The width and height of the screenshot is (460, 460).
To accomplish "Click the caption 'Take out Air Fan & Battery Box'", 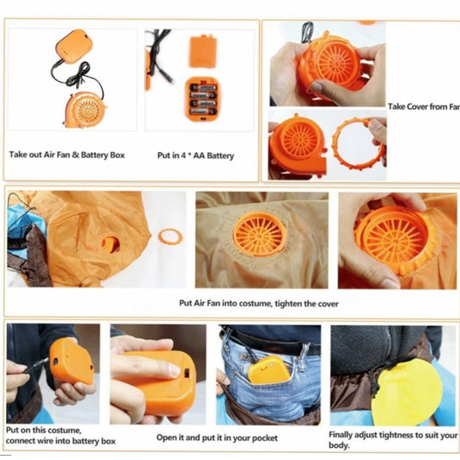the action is [x=67, y=154].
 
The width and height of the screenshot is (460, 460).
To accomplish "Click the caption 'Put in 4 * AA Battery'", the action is [x=196, y=155].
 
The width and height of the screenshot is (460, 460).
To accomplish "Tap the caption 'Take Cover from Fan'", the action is [x=424, y=106].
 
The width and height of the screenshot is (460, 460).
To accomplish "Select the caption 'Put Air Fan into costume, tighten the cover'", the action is [x=259, y=303].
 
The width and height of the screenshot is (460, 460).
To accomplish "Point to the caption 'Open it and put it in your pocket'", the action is [x=217, y=438].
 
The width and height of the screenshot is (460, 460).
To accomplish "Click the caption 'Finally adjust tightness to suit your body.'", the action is [x=393, y=440].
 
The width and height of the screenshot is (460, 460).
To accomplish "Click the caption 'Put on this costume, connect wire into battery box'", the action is [x=60, y=436].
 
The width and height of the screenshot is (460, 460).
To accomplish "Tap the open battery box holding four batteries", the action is [x=203, y=99].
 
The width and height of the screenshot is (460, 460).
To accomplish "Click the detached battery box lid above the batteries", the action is [x=203, y=51].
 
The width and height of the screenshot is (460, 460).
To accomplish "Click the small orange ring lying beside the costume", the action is [x=170, y=237].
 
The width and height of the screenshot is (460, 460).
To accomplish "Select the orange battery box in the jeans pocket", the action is [x=269, y=370].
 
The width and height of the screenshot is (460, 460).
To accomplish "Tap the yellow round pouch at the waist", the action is [x=406, y=392].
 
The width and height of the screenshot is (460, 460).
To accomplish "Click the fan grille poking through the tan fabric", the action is [x=260, y=235].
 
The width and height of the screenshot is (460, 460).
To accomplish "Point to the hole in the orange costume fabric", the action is [x=110, y=244].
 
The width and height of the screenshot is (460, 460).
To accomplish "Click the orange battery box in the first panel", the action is [x=74, y=47].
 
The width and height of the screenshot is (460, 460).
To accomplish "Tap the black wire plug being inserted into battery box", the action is [x=36, y=366].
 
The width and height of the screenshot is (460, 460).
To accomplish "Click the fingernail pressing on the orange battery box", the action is [x=174, y=370].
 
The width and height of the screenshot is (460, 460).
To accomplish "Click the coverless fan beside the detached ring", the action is [x=297, y=144].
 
